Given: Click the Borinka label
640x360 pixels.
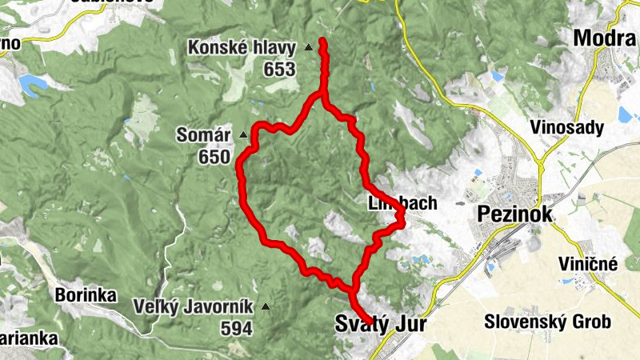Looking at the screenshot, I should click(x=86, y=294).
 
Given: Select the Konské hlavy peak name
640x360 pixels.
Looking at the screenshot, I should click(x=242, y=48).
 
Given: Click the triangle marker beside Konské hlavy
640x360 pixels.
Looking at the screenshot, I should click(x=308, y=48).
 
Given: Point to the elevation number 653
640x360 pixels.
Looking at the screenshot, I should click(x=279, y=70).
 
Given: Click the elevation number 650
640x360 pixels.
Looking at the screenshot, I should click(x=214, y=158).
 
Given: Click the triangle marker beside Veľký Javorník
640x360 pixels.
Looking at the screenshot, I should click(x=265, y=306).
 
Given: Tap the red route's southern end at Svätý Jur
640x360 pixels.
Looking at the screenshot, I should click(x=370, y=323).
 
